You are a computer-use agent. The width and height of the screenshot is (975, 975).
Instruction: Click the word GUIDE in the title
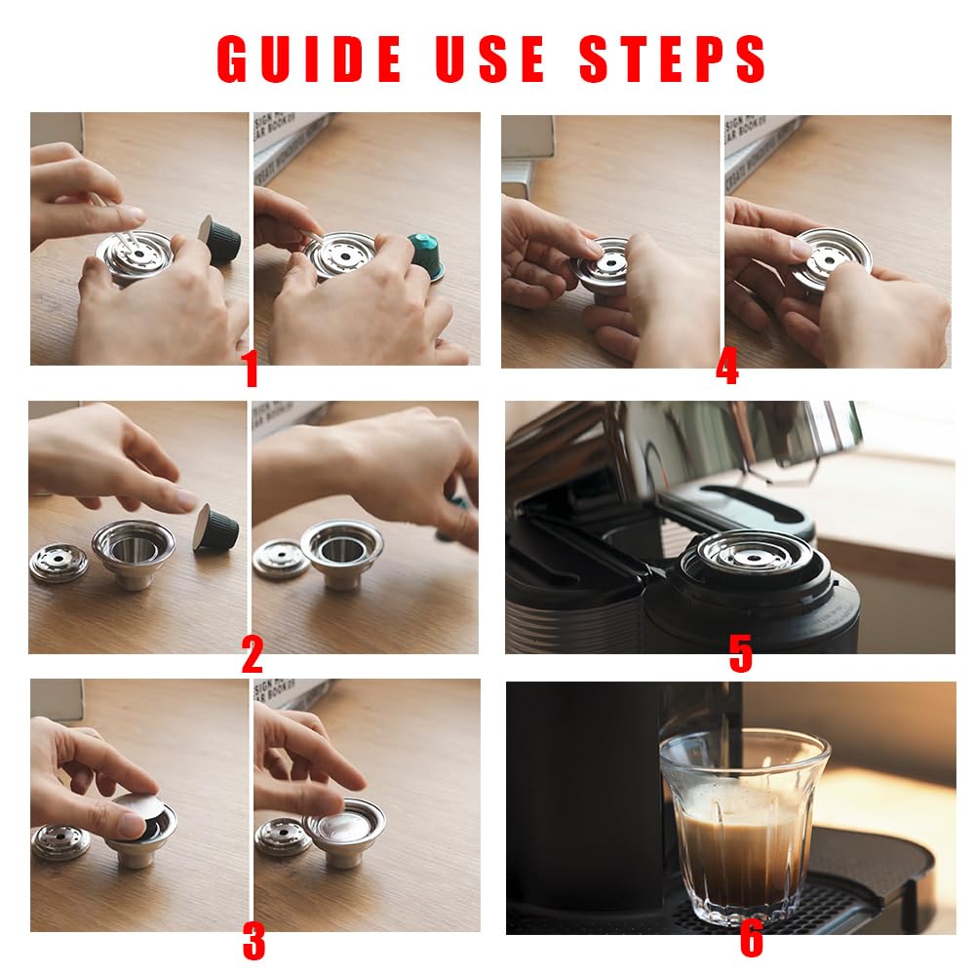pos(308,58)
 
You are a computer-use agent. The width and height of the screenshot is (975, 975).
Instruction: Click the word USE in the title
pos(490,58)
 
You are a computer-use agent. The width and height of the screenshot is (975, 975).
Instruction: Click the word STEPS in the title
pos(672,58)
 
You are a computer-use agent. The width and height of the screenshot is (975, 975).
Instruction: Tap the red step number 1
pos(252,369)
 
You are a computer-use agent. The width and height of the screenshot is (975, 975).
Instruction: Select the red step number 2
pos(252,654)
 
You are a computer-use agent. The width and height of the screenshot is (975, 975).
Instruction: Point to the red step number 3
pos(253,942)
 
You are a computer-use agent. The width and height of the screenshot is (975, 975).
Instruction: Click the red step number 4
pos(727,366)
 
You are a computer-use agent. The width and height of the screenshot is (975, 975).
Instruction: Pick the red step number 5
pos(741,654)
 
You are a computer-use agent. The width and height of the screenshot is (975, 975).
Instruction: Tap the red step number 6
pos(751,939)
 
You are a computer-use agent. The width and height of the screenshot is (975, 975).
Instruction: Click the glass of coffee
pos(744,826)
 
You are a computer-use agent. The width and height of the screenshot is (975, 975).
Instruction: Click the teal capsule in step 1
pos(427,254)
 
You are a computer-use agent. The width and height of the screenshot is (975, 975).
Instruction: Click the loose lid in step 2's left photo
pos(59,563)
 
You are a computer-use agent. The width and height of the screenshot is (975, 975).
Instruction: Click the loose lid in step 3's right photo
pos(284,837)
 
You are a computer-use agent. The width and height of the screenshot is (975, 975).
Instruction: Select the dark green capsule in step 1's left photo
pos(219,240)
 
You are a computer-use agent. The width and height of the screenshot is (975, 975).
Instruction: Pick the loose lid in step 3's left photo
pos(60,841)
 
